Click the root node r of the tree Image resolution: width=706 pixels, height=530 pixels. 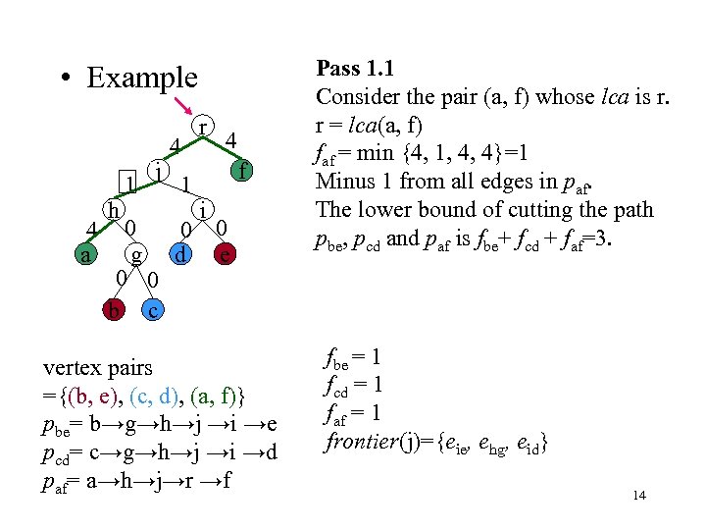[202, 127]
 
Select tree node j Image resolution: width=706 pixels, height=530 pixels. [156, 169]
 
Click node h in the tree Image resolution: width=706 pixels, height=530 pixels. [115, 209]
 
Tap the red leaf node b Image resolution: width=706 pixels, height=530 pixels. [116, 310]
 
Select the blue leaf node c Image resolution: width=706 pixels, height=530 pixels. [152, 310]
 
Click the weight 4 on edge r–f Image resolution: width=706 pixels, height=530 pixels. [230, 140]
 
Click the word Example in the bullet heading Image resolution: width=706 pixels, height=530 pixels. [141, 78]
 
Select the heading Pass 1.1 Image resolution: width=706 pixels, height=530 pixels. [353, 70]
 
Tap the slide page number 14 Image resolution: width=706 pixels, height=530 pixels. [639, 495]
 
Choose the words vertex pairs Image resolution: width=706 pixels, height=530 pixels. [98, 368]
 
